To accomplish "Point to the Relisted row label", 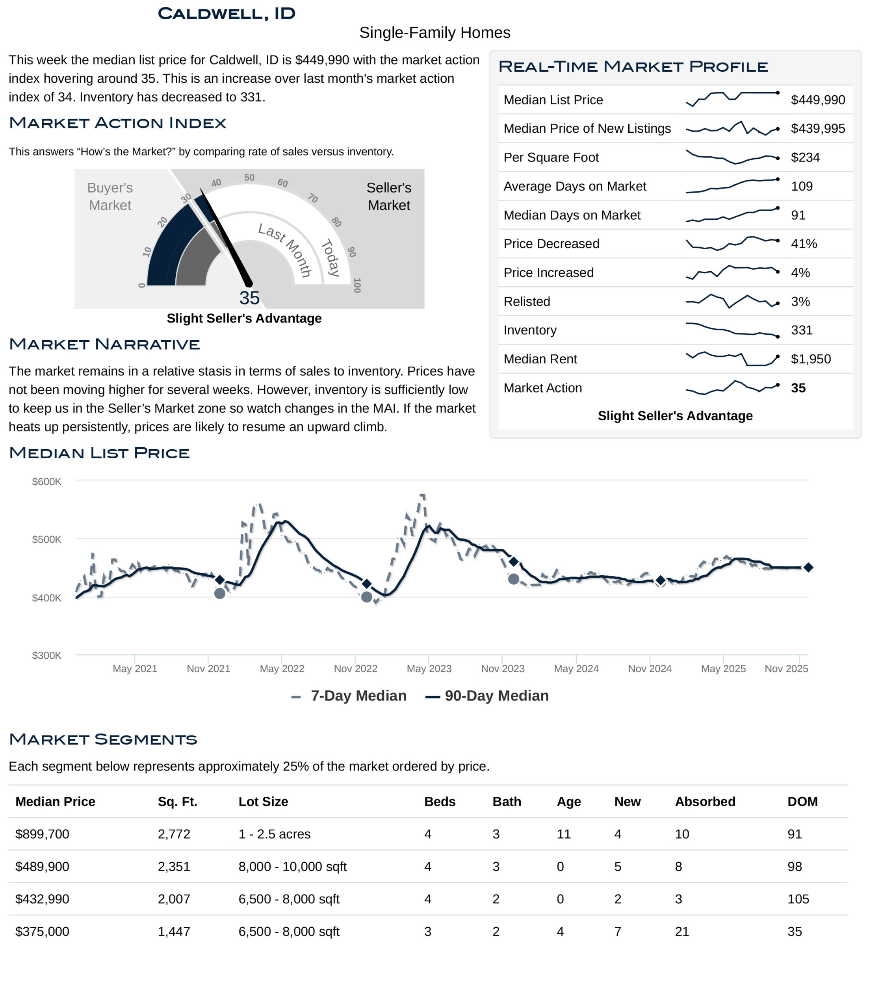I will click(526, 302).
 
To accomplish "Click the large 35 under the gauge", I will click(249, 298).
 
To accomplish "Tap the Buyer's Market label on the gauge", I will click(110, 196).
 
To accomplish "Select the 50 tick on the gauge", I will click(249, 178).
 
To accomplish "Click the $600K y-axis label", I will click(47, 482).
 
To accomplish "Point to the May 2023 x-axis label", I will click(429, 669).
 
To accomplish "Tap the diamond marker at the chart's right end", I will click(808, 567).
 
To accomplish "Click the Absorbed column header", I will click(705, 802).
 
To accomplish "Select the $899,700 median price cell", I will click(43, 834).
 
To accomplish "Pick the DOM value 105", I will click(798, 899).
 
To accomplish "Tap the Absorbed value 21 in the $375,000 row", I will click(681, 932).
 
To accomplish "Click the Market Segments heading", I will click(103, 739).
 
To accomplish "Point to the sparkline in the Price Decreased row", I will click(732, 243).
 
